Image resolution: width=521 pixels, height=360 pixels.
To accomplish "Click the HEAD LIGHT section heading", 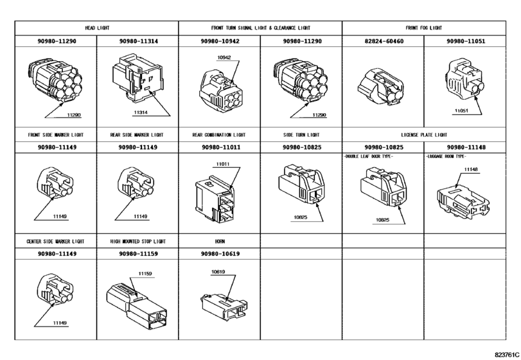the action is pyautogui.click(x=97, y=28).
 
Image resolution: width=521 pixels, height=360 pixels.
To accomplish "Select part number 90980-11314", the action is pyautogui.click(x=139, y=41).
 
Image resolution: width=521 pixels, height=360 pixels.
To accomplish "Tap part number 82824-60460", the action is pyautogui.click(x=384, y=41).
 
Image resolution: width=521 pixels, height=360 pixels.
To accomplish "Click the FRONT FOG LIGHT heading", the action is pyautogui.click(x=423, y=28).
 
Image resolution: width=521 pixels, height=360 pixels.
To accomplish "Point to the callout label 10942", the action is pyautogui.click(x=224, y=57).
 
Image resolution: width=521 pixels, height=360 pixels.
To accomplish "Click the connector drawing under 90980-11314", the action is pyautogui.click(x=137, y=78).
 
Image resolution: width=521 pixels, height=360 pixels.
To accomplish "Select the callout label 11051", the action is pyautogui.click(x=461, y=111).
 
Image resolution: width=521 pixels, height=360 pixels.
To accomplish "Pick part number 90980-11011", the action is pyautogui.click(x=221, y=147).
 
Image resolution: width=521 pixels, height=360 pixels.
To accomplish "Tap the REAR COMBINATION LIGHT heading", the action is pyautogui.click(x=219, y=135).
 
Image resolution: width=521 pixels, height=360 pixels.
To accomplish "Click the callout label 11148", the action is pyautogui.click(x=471, y=170).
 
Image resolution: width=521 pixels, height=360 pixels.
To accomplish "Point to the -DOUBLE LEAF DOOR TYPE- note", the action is pyautogui.click(x=368, y=156).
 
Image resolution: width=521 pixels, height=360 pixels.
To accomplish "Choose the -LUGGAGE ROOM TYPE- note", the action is pyautogui.click(x=446, y=156).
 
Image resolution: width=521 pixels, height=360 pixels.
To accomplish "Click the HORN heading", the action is pyautogui.click(x=220, y=241).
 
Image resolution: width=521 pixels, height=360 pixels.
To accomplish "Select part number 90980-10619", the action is pyautogui.click(x=220, y=254).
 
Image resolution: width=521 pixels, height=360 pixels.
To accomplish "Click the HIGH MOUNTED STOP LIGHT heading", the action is pyautogui.click(x=138, y=241).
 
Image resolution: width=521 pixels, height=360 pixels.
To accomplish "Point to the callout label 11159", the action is pyautogui.click(x=145, y=274).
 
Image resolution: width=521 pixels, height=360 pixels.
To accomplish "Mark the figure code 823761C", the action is pyautogui.click(x=507, y=354).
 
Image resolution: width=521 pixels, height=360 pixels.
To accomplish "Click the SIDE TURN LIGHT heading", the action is pyautogui.click(x=301, y=135).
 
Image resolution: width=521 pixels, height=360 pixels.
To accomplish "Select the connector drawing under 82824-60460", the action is pyautogui.click(x=381, y=87).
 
